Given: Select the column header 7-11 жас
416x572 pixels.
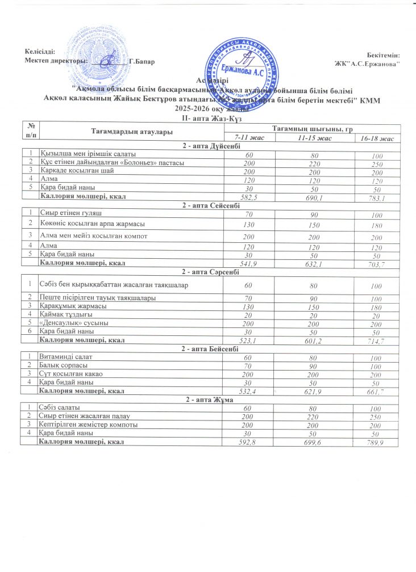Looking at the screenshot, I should coord(248,138).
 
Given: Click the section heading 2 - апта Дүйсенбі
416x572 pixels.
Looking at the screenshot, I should coord(208,146).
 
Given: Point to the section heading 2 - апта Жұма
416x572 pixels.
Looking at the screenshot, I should coord(208,401).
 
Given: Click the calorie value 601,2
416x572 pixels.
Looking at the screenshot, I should coord(311,340).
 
